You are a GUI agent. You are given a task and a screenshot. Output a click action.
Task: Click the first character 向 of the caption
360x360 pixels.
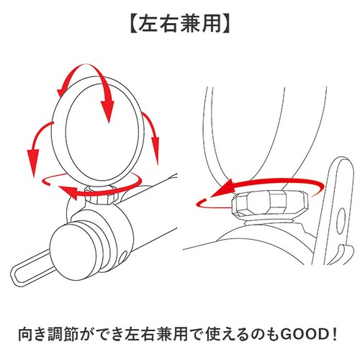point(26,334)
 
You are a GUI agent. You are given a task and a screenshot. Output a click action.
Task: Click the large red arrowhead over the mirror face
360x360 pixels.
point(107,111)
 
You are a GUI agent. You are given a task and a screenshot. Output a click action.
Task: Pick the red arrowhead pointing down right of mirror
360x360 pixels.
point(156,150)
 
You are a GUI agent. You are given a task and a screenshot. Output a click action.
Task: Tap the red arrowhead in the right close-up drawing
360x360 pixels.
point(222,189)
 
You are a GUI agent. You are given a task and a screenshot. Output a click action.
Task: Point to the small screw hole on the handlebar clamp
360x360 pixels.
point(124,256)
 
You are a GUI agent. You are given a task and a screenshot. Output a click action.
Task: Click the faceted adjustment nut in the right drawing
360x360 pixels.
point(269,202)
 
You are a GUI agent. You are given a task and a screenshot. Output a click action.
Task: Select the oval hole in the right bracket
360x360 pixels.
point(341,221)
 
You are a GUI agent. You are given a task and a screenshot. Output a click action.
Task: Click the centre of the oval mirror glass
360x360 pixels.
point(102,132)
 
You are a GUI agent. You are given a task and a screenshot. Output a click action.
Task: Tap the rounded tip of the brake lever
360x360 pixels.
point(15,275)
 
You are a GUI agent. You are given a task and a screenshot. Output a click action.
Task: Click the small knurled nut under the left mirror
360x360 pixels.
point(102,195)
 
